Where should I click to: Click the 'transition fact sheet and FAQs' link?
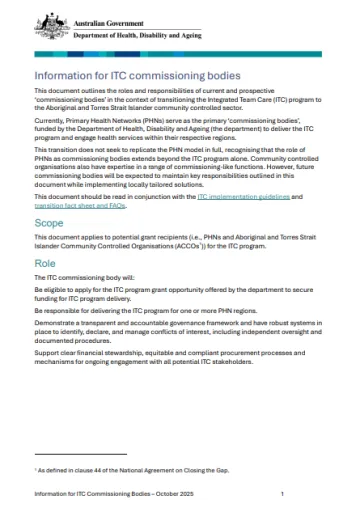coord(79,207)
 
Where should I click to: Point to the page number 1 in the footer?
coord(283,494)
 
